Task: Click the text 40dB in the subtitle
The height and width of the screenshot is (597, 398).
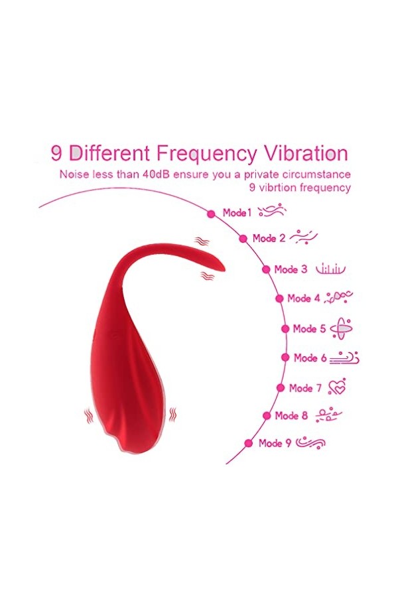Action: (x=160, y=174)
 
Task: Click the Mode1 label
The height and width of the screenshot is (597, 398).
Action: (x=237, y=213)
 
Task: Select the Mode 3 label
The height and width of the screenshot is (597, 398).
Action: (x=291, y=269)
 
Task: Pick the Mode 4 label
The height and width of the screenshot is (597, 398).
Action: (x=304, y=298)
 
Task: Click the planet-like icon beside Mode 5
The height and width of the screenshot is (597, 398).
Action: (x=341, y=328)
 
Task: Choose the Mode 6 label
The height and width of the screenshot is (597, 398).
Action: (x=310, y=358)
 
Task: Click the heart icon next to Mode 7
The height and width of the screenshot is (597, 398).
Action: (x=337, y=388)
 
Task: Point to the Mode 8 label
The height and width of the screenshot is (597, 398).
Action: (x=291, y=416)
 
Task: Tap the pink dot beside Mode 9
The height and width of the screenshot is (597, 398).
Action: (x=249, y=443)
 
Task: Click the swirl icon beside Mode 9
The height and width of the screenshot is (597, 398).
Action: (x=310, y=442)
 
